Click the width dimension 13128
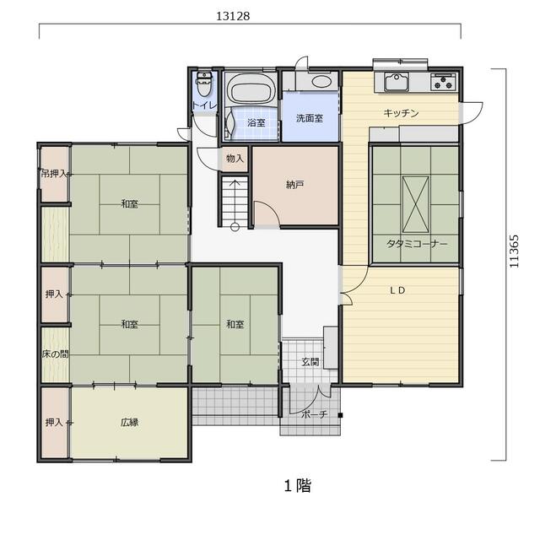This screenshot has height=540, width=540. point(233,16)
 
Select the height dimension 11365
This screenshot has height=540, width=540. point(514,251)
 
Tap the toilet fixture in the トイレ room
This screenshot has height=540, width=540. point(204,84)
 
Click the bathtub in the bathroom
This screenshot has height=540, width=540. point(251,89)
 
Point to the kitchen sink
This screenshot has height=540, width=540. point(397,83)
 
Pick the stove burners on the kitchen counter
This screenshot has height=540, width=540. point(443,82)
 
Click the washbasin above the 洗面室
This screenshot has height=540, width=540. point(321,82)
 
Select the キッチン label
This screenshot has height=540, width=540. point(402,113)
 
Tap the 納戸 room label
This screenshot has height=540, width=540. point(294,185)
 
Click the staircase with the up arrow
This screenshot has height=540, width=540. point(235,202)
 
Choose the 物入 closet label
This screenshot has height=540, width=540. point(235,159)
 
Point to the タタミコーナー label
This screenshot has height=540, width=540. point(417,244)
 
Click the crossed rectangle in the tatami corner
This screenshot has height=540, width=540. point(416,205)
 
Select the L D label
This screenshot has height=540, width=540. point(397,290)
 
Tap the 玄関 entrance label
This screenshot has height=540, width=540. point(310,362)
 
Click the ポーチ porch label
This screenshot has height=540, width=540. point(315,414)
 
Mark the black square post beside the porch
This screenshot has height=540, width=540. point(340,415)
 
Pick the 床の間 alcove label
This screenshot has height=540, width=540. point(55,354)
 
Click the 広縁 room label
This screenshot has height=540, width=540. point(129,422)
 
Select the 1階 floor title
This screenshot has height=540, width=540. point(298,486)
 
